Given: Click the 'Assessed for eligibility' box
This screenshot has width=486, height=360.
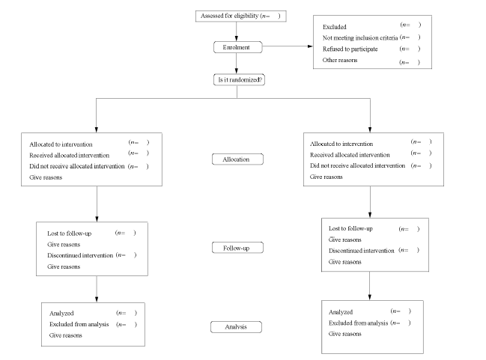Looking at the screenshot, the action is pyautogui.click(x=241, y=16).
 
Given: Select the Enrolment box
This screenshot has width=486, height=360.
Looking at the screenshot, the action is pyautogui.click(x=237, y=47).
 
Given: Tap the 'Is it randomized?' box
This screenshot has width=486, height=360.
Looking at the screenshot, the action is pyautogui.click(x=240, y=79).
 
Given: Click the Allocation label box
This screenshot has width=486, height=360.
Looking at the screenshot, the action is pyautogui.click(x=237, y=159).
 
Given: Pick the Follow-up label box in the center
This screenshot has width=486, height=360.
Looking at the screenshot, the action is pyautogui.click(x=237, y=248).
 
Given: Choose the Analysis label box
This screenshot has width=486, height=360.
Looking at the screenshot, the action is pyautogui.click(x=236, y=327).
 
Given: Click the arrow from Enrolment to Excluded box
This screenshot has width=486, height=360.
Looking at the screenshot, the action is pyautogui.click(x=288, y=46).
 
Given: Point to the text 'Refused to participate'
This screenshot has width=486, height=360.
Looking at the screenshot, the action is pyautogui.click(x=350, y=49).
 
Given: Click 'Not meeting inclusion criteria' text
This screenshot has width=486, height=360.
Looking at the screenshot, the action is pyautogui.click(x=360, y=38).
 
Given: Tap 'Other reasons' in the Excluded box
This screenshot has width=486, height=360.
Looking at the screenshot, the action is pyautogui.click(x=340, y=60).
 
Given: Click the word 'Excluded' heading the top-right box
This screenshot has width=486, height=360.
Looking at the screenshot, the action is pyautogui.click(x=335, y=27).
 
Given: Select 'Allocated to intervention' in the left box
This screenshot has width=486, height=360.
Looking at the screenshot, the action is pyautogui.click(x=61, y=144).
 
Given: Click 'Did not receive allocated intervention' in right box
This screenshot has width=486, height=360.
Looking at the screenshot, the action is pyautogui.click(x=357, y=165).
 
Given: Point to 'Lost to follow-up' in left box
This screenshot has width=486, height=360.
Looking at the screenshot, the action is pyautogui.click(x=70, y=234).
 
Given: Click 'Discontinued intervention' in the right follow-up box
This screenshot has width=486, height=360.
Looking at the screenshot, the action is pyautogui.click(x=362, y=251).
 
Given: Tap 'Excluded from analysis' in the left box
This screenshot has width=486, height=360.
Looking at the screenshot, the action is pyautogui.click(x=79, y=324).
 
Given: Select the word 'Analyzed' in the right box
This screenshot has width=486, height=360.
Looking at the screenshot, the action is pyautogui.click(x=341, y=312).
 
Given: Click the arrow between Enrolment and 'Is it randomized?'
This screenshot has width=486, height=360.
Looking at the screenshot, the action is pyautogui.click(x=237, y=64).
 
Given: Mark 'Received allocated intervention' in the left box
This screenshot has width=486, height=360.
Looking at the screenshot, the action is pyautogui.click(x=69, y=155).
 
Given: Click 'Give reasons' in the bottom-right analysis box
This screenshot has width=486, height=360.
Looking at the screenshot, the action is pyautogui.click(x=345, y=334).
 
